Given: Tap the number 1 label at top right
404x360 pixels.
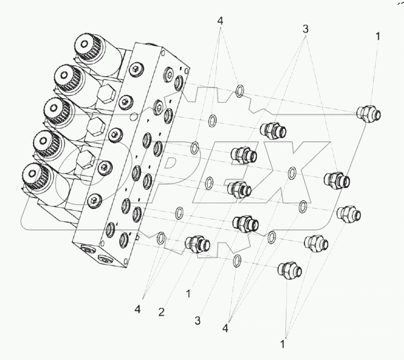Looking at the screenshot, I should pos(378,36).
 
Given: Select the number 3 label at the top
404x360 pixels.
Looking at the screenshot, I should pos(306,29).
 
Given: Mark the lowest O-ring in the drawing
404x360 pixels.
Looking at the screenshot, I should pos(237,260).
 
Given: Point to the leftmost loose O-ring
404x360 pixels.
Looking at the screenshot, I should pos(161,239).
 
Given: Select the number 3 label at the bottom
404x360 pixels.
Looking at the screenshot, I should pos(198,321).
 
